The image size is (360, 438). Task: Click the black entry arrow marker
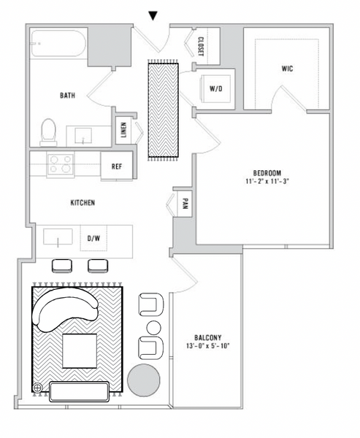(153, 15)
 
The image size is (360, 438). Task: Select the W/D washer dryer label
(216, 88)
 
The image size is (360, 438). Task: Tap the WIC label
(287, 69)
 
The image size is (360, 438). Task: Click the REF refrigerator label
(116, 166)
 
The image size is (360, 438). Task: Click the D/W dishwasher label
(93, 238)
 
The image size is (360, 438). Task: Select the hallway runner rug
(164, 109)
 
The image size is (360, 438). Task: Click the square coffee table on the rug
(79, 350)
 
